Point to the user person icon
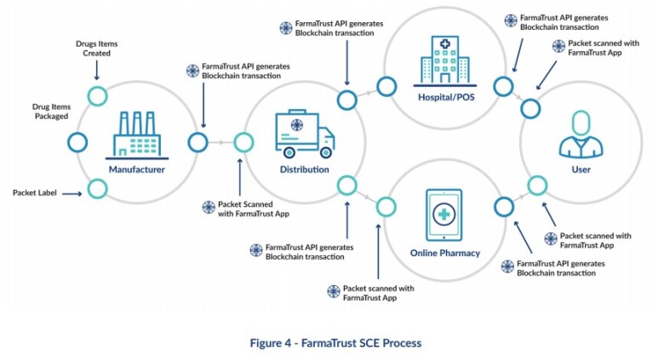[581, 135]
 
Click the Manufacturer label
[136, 169]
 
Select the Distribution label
[304, 169]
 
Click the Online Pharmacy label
[444, 253]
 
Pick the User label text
[581, 169]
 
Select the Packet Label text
[37, 193]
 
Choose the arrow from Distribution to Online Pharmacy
[367, 196]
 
